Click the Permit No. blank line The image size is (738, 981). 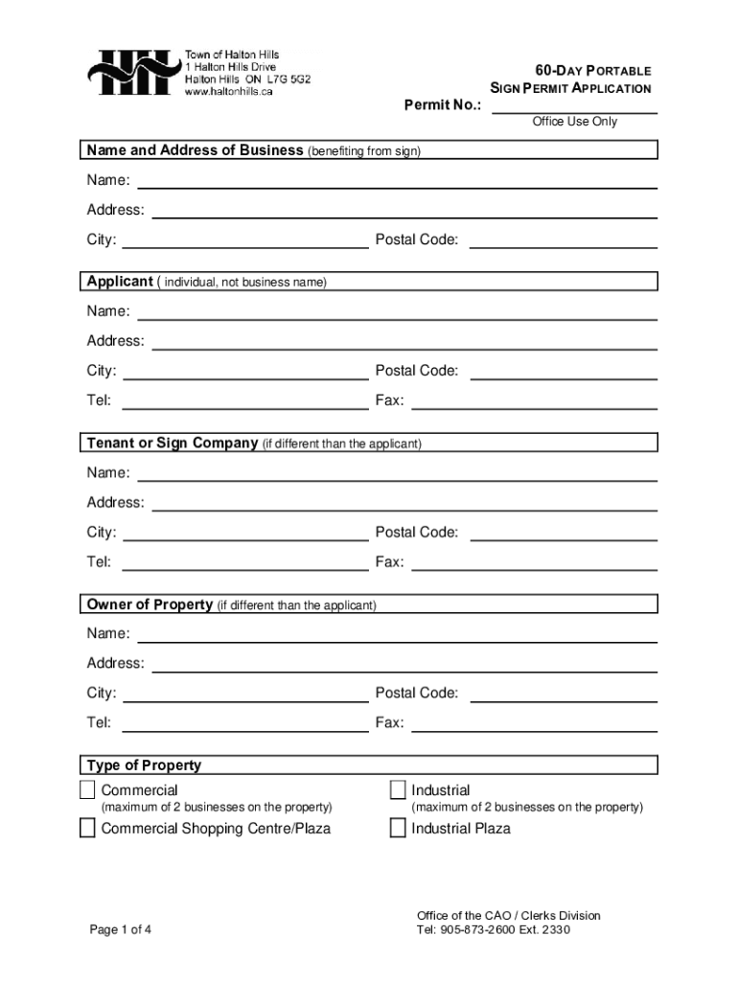(574, 104)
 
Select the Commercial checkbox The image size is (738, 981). (87, 790)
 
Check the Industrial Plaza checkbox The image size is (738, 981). (398, 829)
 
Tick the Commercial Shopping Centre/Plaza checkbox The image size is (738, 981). (87, 829)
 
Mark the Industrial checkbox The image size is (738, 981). (398, 790)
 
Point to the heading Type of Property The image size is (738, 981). (144, 765)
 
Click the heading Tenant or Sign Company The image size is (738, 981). (173, 444)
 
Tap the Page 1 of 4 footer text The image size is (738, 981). (121, 929)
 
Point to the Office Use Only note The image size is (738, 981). (574, 122)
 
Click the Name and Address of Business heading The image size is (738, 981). (195, 150)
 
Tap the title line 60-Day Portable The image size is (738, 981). (592, 71)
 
